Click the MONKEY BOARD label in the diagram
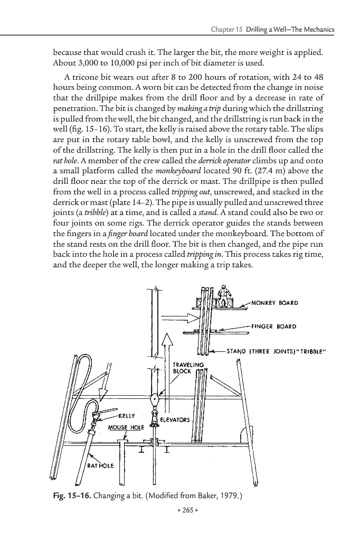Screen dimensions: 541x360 pyautogui.click(x=275, y=303)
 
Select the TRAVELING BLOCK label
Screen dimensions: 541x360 pyautogui.click(x=188, y=367)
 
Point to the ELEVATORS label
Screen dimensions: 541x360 pyautogui.click(x=175, y=421)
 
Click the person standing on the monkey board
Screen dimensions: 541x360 pyautogui.click(x=224, y=295)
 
